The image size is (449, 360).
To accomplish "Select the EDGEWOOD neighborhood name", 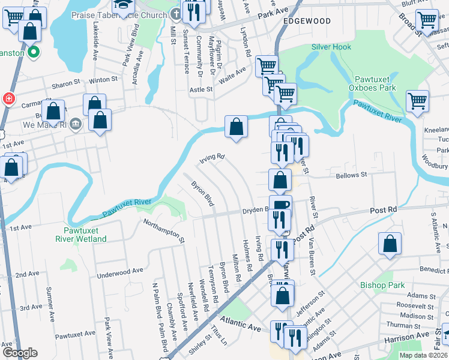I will coord(307,21).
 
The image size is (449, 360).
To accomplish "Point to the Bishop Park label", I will coord(382,286).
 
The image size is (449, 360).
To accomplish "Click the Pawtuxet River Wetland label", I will coord(85,235).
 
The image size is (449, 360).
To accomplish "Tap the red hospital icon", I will coord(9,98).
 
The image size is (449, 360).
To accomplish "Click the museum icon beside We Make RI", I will coord(76,125).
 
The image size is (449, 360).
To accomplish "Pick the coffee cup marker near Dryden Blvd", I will coord(280,206).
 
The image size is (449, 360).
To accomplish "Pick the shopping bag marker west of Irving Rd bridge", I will coord(237,127).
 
